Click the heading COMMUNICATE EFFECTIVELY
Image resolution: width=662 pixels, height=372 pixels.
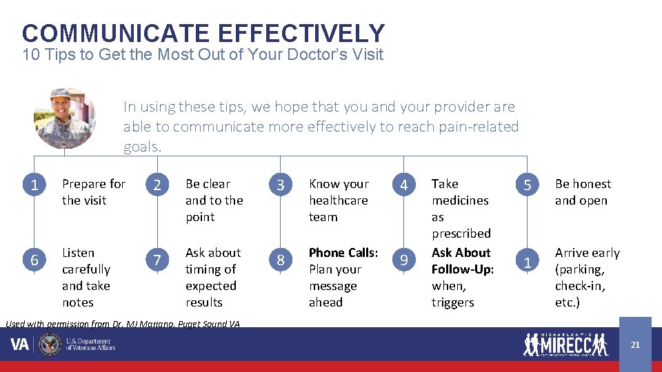tap(203, 33)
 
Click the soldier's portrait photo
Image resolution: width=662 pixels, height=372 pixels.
tap(65, 118)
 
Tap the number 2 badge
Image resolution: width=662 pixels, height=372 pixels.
tap(158, 185)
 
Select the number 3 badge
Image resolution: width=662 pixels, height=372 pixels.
tap(281, 185)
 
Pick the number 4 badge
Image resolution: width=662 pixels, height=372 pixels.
tap(404, 185)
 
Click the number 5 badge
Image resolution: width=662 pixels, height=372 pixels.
tap(528, 185)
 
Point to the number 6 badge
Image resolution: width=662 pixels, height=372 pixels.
tap(34, 259)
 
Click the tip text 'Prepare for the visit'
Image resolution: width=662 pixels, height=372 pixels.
tap(94, 192)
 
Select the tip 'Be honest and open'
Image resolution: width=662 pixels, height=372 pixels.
tap(583, 192)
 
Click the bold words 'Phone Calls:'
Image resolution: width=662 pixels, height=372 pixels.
tap(343, 253)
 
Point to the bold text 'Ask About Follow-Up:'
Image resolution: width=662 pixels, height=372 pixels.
tap(462, 261)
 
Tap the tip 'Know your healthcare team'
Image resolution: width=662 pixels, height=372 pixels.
tap(339, 200)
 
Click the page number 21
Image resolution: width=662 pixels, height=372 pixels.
tap(635, 344)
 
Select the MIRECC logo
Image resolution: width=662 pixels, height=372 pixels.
tap(565, 344)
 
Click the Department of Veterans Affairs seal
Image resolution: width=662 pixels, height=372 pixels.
tap(50, 344)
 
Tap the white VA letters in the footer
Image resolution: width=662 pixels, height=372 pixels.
tap(20, 344)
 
